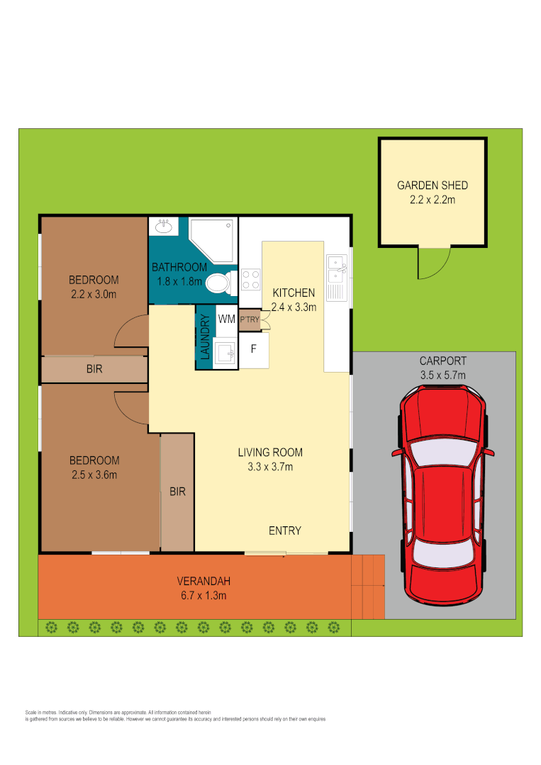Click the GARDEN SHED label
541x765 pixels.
pyautogui.click(x=432, y=186)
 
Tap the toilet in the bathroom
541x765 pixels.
pyautogui.click(x=220, y=283)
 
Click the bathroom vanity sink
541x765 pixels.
pyautogui.click(x=164, y=227)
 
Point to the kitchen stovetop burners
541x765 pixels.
pyautogui.click(x=251, y=279)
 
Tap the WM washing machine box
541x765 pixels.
pyautogui.click(x=226, y=319)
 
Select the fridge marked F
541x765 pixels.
pyautogui.click(x=253, y=349)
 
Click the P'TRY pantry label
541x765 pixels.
pyautogui.click(x=249, y=319)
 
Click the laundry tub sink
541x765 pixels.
pyautogui.click(x=226, y=352)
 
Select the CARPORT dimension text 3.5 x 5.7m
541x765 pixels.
pyautogui.click(x=442, y=375)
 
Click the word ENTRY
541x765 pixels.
pyautogui.click(x=285, y=531)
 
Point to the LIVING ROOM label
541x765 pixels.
pyautogui.click(x=270, y=452)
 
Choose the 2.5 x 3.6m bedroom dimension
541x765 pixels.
pyautogui.click(x=94, y=474)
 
